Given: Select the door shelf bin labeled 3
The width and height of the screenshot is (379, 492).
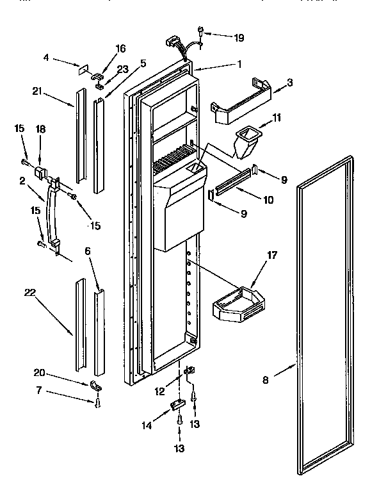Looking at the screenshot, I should click(x=241, y=102).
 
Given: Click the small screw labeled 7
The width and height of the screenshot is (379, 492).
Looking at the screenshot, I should click(x=97, y=402).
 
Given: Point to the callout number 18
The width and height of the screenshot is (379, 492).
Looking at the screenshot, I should click(x=41, y=129).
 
